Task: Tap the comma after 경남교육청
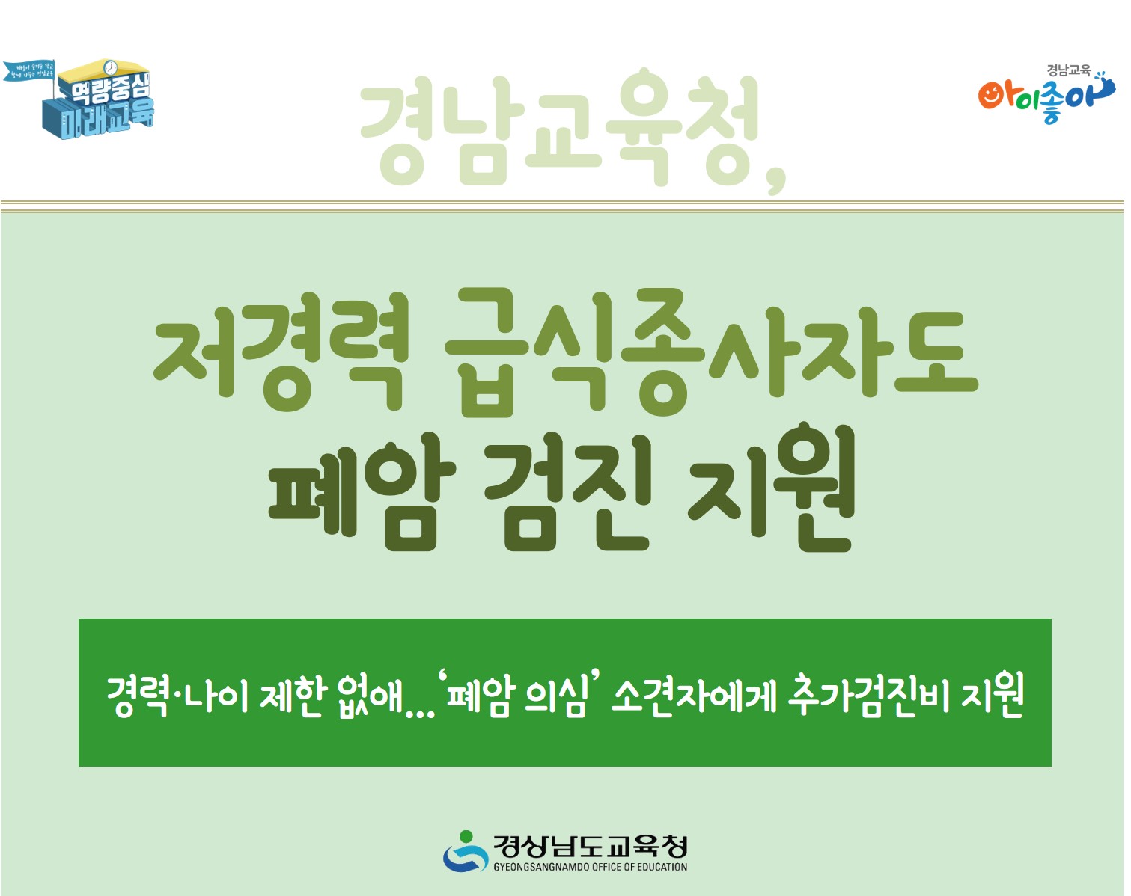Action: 776,179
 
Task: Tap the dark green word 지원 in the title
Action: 771,490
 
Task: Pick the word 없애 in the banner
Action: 371,696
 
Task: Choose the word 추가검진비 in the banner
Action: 868,696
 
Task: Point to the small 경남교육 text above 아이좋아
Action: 1068,70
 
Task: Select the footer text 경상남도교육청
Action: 590,846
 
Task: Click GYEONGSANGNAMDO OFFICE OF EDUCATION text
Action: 590,867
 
